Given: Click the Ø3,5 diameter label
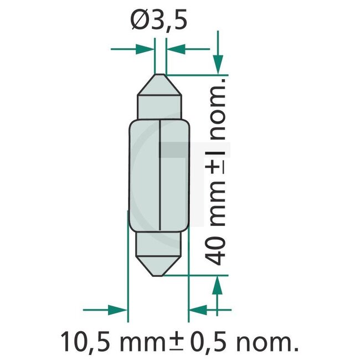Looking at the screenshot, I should click(159, 22).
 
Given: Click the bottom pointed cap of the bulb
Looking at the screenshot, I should click(160, 264).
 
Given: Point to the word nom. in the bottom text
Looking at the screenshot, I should click(268, 342).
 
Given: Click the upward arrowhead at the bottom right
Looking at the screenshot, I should click(218, 286).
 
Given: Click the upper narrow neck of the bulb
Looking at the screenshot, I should click(160, 107).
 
